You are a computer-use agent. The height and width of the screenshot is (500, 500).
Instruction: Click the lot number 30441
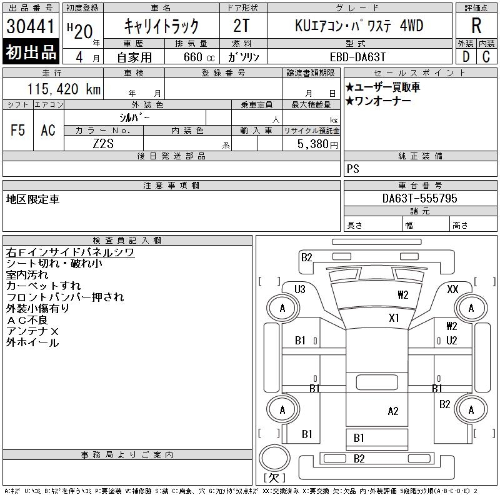(x=31, y=26)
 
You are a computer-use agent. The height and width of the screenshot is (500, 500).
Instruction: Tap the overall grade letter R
(x=476, y=26)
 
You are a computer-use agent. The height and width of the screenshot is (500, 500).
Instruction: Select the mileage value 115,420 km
(x=64, y=89)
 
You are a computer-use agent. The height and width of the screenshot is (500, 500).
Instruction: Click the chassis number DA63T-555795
(x=419, y=198)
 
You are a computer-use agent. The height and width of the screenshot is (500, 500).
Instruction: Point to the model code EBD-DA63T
(x=357, y=57)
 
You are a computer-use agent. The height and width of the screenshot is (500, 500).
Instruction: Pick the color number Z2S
(x=103, y=144)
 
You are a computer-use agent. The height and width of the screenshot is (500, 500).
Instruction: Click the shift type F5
(x=17, y=130)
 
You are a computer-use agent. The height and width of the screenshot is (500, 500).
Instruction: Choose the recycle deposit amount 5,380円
(x=317, y=144)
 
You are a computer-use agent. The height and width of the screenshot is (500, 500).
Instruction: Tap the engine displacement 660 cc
(x=199, y=57)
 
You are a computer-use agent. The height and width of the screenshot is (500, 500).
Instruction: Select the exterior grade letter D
(x=466, y=57)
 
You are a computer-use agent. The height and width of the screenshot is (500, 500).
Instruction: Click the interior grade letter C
(x=486, y=57)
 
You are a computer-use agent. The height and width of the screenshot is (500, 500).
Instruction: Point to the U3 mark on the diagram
(x=300, y=289)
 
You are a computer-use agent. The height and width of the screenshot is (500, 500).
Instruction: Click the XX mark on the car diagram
(x=452, y=289)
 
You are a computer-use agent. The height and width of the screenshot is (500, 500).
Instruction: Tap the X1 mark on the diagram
(x=394, y=318)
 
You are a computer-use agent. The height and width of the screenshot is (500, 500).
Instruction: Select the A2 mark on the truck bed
(x=393, y=411)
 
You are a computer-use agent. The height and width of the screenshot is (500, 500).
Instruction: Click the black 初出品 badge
(x=31, y=52)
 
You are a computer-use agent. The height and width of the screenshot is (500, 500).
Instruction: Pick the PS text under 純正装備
(x=353, y=169)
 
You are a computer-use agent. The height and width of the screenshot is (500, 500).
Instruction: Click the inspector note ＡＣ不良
(x=27, y=320)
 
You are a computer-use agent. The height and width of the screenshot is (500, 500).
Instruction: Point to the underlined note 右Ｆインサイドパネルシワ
(x=70, y=252)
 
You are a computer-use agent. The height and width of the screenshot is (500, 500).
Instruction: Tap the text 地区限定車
(x=32, y=199)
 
